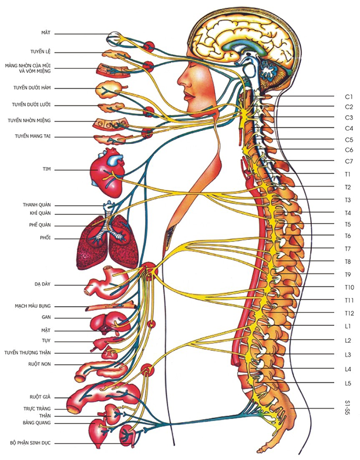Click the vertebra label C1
(348, 96)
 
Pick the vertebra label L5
(348, 383)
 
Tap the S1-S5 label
(348, 409)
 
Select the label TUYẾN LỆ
(40, 51)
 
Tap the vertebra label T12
(348, 313)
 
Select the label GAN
(46, 317)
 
